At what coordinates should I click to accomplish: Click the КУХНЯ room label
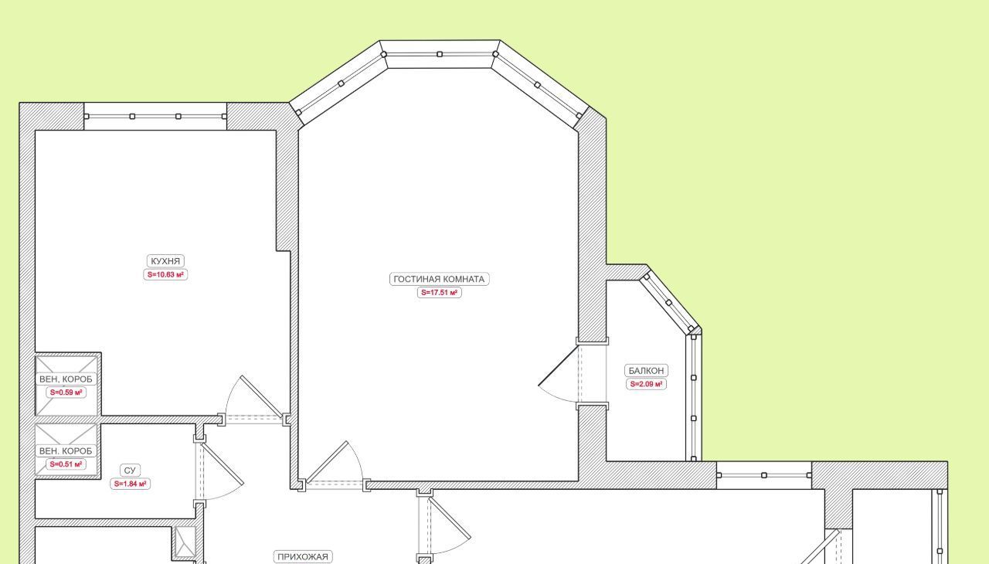click(x=165, y=261)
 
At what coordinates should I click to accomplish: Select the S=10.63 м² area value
click(x=165, y=274)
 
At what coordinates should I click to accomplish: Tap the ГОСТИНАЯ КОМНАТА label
click(x=439, y=279)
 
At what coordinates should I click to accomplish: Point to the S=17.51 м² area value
click(x=440, y=292)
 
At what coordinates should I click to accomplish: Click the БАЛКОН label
click(x=646, y=370)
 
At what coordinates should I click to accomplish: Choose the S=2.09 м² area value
click(x=646, y=384)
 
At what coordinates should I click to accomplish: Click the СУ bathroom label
click(x=130, y=470)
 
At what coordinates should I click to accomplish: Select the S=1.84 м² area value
click(x=130, y=484)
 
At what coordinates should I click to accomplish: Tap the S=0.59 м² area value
click(x=66, y=392)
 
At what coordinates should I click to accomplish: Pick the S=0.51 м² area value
click(x=66, y=464)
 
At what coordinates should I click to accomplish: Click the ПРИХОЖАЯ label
click(x=302, y=557)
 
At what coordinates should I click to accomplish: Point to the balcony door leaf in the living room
click(x=558, y=366)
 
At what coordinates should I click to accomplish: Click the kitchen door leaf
click(x=261, y=396)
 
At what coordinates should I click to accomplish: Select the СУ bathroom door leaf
click(x=223, y=464)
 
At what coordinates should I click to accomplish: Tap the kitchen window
click(x=155, y=117)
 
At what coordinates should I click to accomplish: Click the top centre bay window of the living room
click(x=440, y=54)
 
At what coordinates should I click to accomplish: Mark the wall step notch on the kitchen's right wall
click(x=284, y=251)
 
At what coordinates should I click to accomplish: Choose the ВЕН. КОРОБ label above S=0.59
click(x=66, y=379)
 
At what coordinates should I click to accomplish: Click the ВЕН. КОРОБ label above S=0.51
click(x=66, y=450)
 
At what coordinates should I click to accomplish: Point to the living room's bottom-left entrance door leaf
click(x=327, y=461)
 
